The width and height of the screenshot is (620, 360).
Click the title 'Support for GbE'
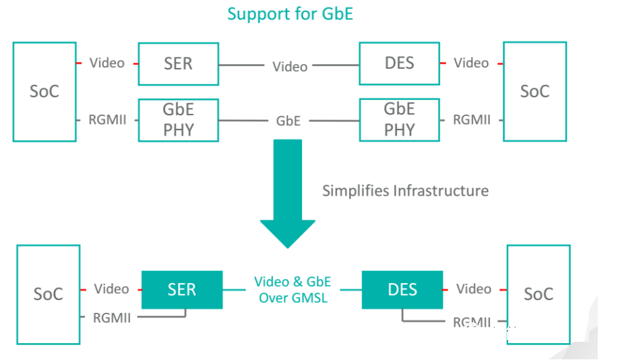[290, 13]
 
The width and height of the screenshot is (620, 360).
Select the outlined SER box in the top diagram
[178, 64]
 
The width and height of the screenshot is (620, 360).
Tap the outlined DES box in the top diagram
[399, 64]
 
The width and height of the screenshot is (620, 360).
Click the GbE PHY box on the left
[178, 119]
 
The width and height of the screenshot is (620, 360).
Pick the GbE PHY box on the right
[399, 119]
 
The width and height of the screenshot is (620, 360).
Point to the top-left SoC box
[44, 92]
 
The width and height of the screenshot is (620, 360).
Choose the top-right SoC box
[534, 92]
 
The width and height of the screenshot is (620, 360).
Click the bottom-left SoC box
[49, 295]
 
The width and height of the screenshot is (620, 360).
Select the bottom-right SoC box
[538, 295]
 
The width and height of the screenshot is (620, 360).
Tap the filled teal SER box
[181, 290]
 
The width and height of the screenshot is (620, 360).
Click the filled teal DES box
[402, 290]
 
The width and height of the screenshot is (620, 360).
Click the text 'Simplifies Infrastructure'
[405, 191]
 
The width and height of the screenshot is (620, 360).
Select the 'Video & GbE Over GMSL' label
[292, 289]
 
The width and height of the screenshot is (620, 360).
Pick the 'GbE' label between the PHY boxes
[288, 121]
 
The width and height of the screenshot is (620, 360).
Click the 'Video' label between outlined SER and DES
[290, 67]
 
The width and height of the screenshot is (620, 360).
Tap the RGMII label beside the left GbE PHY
[108, 121]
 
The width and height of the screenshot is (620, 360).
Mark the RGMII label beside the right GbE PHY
[471, 120]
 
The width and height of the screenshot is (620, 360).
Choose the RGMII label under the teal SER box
[112, 318]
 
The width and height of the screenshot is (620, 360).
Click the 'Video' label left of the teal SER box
[111, 289]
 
